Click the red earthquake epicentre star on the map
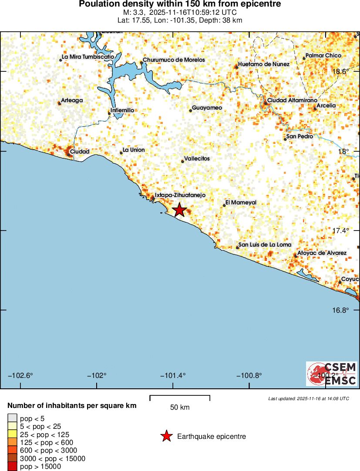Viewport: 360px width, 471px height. (x=179, y=210)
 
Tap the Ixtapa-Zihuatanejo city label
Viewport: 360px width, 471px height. (x=180, y=195)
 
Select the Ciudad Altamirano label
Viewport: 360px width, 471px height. (x=289, y=100)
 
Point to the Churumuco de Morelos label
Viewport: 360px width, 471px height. (x=174, y=60)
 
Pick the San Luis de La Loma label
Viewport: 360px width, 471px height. (x=265, y=244)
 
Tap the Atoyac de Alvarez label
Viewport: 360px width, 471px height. (x=322, y=253)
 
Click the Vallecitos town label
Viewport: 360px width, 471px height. (x=197, y=159)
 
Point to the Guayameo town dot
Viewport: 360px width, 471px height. (x=191, y=110)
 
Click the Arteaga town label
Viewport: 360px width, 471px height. (x=72, y=100)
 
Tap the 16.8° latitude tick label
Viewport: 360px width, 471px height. (x=341, y=310)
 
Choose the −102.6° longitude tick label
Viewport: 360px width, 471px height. (x=21, y=375)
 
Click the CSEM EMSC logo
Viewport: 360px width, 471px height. (x=332, y=374)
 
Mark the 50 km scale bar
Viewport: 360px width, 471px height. (x=180, y=398)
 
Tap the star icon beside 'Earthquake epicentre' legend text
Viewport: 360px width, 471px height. (x=166, y=436)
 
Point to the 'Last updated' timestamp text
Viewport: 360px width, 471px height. (x=309, y=398)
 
